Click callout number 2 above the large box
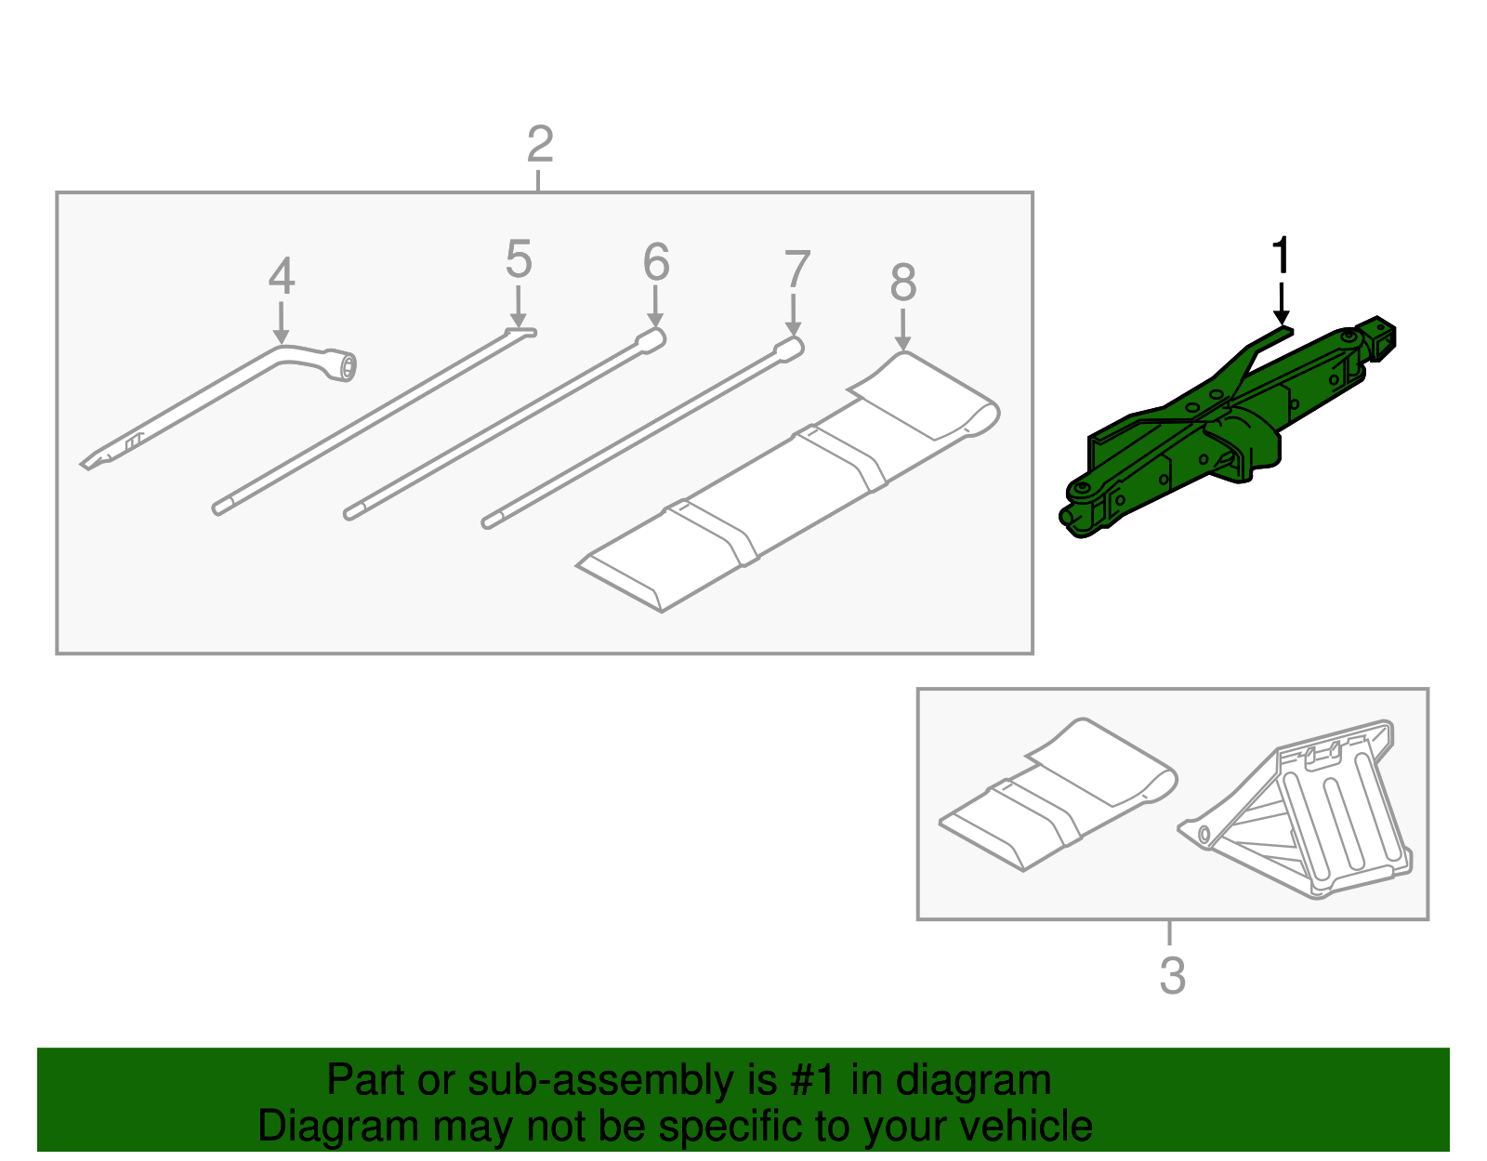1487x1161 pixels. [540, 146]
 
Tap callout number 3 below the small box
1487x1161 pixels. [1172, 976]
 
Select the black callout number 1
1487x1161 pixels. [1281, 255]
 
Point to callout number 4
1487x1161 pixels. [282, 276]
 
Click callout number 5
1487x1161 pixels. [519, 259]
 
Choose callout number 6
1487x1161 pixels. [656, 262]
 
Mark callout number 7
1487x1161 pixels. [796, 270]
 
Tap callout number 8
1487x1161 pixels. [902, 283]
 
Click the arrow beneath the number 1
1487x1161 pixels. [1281, 304]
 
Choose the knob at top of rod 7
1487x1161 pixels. [789, 349]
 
